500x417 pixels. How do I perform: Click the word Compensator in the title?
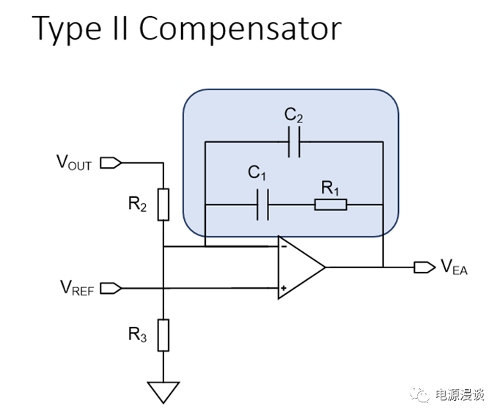tap(240, 29)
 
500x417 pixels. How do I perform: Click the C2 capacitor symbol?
tap(294, 143)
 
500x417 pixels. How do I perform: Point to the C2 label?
tap(293, 115)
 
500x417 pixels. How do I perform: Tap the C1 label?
tap(257, 174)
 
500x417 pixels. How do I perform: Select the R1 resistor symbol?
tap(330, 204)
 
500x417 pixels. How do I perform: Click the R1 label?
tap(329, 188)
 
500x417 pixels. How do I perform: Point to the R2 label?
tap(137, 204)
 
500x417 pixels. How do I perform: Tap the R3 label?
tap(137, 336)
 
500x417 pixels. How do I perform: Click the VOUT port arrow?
tap(109, 162)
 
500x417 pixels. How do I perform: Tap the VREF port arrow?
tap(109, 288)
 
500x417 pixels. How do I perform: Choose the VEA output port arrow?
tap(424, 267)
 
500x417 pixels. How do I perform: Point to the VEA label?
tap(454, 268)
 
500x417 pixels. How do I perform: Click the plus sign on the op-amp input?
tap(283, 288)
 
